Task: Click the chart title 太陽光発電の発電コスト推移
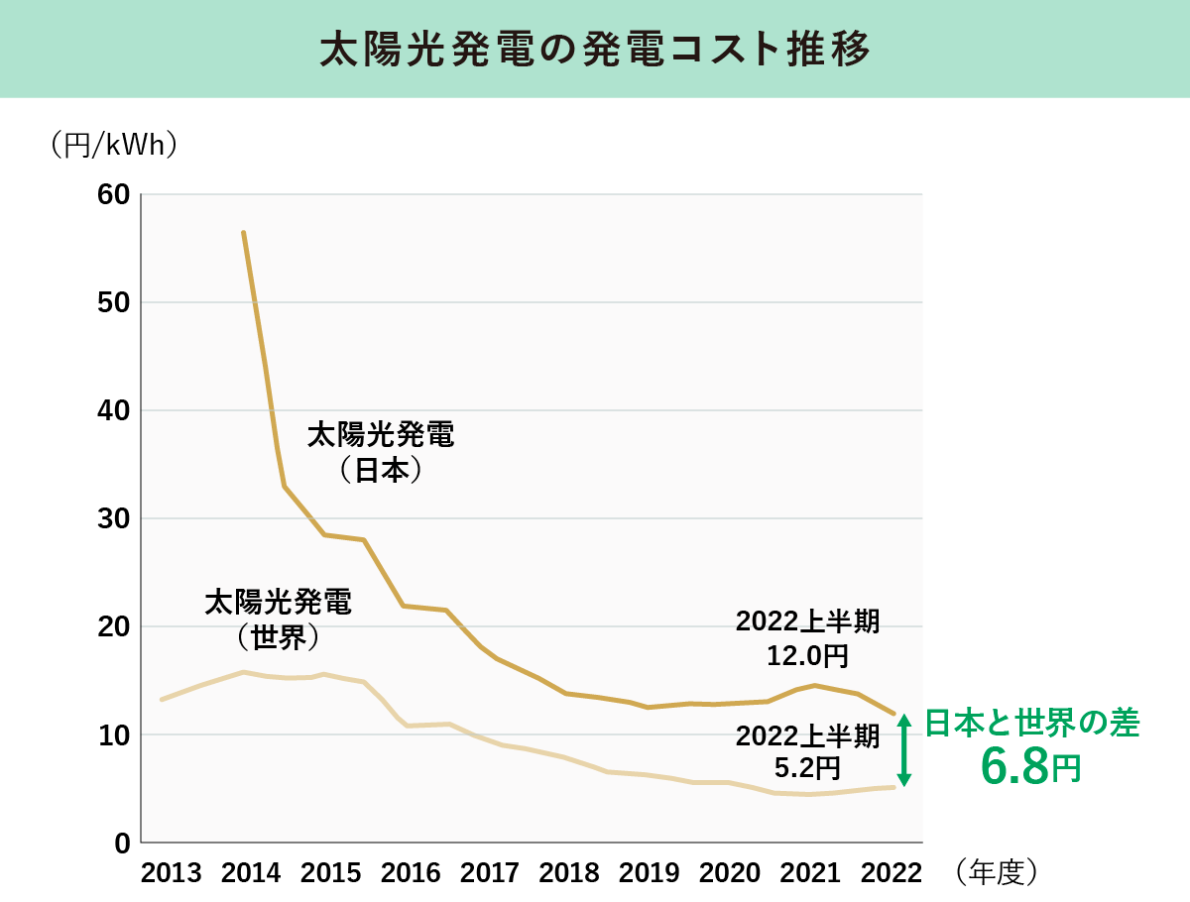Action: [595, 50]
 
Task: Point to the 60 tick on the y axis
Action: [115, 194]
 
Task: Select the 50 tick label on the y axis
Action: [115, 302]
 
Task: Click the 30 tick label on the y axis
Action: [115, 518]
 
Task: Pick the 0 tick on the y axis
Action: [122, 843]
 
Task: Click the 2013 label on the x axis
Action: [172, 873]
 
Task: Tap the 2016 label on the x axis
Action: [411, 873]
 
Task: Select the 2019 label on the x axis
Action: [650, 873]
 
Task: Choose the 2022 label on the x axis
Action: [889, 873]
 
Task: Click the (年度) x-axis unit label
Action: [997, 871]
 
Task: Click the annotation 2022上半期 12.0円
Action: [807, 638]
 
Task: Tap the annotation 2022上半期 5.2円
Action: [807, 751]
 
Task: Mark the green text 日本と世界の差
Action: [1032, 724]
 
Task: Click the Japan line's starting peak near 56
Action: [243, 233]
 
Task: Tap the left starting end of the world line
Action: [162, 700]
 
